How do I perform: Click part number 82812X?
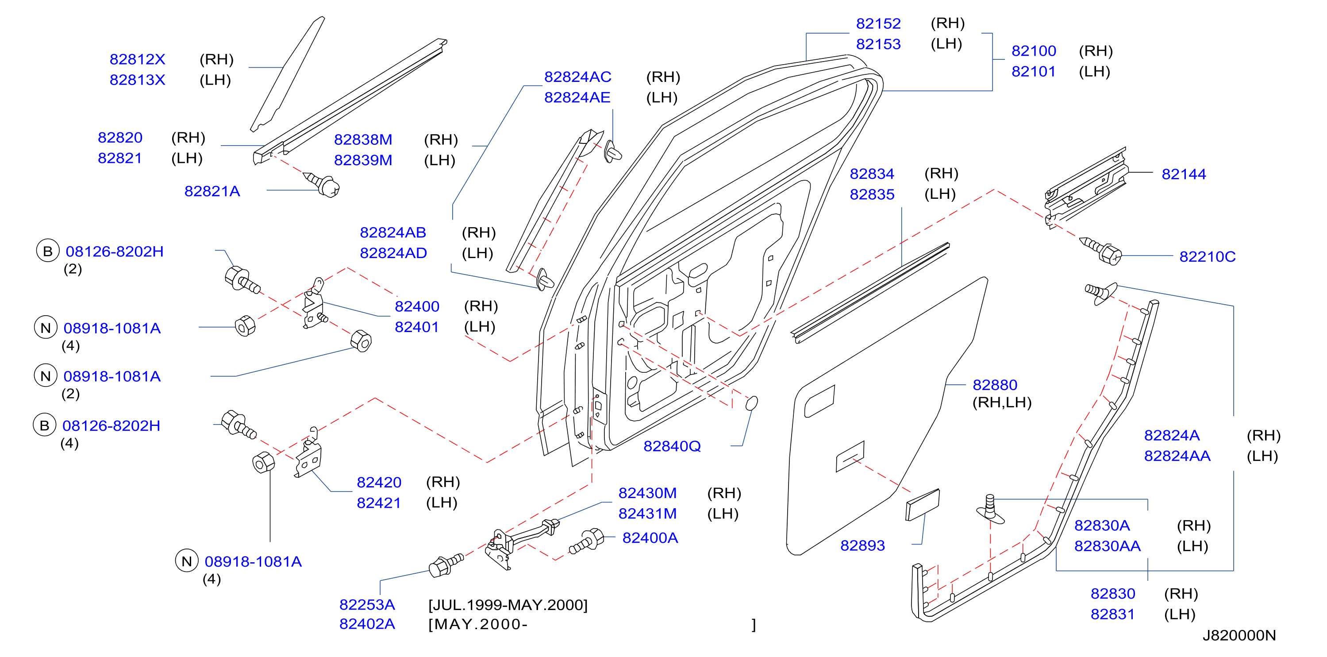click(137, 59)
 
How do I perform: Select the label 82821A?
click(212, 191)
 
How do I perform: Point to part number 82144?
click(1184, 174)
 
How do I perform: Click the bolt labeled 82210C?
click(1101, 251)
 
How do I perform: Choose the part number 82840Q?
click(672, 446)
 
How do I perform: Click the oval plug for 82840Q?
click(752, 403)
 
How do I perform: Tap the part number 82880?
click(995, 385)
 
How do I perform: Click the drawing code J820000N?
click(1239, 635)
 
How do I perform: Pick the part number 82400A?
click(650, 538)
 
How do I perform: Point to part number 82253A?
click(367, 604)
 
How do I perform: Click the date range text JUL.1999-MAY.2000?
click(508, 605)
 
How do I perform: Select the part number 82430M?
click(647, 493)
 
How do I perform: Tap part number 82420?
click(379, 482)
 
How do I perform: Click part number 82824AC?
click(577, 77)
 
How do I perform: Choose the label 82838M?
click(363, 139)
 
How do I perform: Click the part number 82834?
click(872, 174)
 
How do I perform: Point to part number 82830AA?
click(1108, 546)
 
